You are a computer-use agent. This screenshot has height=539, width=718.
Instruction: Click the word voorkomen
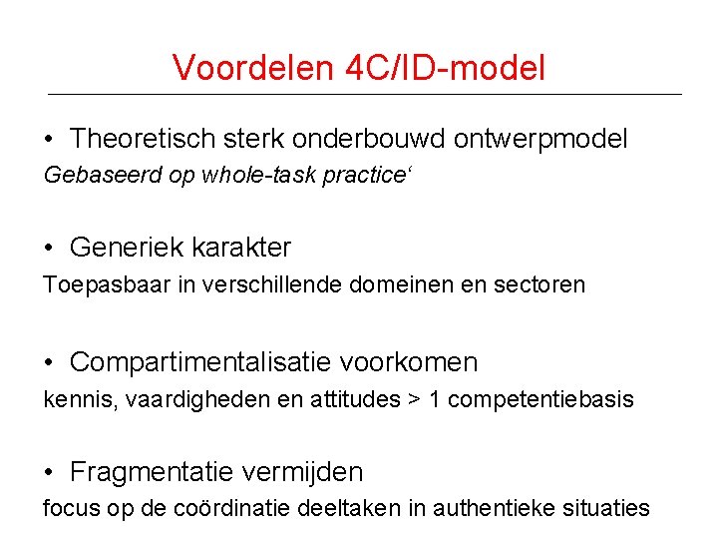coord(420,361)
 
